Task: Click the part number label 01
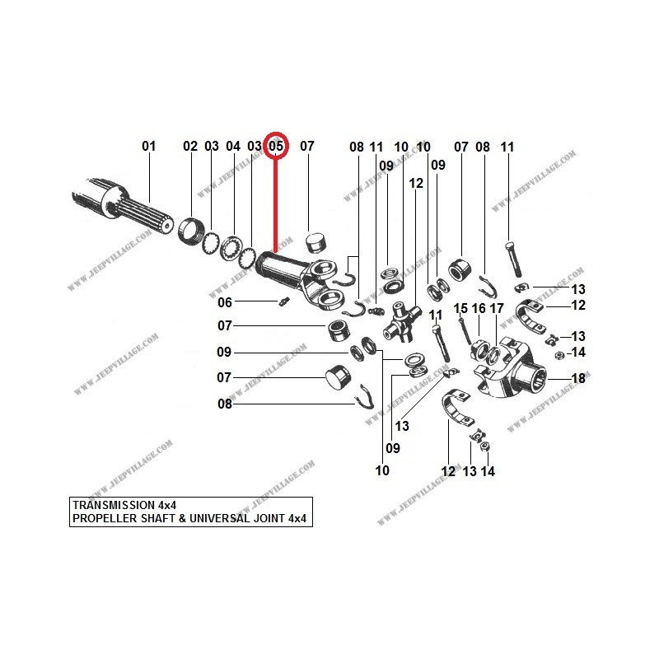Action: (x=148, y=147)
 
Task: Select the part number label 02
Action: (x=190, y=147)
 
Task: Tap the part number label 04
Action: (x=233, y=147)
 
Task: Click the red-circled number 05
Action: (x=276, y=147)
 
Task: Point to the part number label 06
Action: (x=225, y=302)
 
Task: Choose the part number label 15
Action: (x=460, y=308)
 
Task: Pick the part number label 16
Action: (x=479, y=308)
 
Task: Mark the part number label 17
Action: (x=497, y=308)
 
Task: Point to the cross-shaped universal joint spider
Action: (x=401, y=320)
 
